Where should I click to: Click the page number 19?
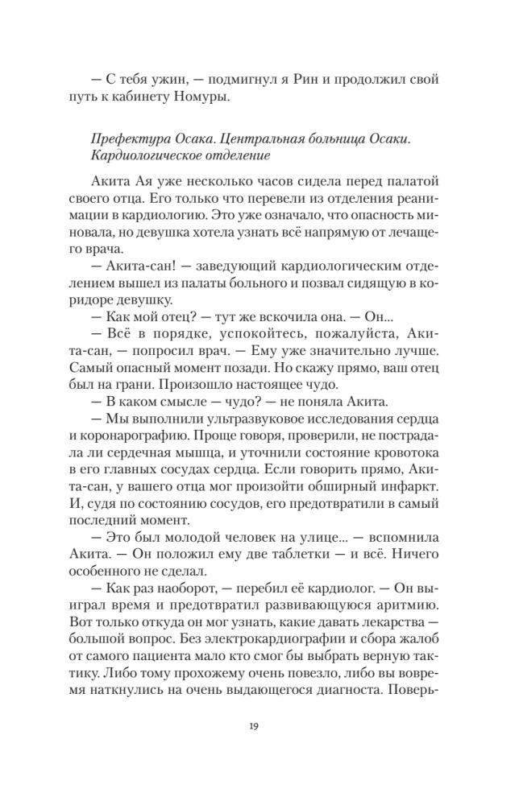[x=259, y=726]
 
